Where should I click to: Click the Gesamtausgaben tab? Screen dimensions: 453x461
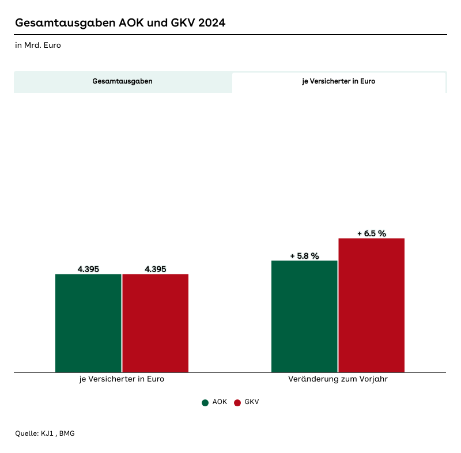point(123,81)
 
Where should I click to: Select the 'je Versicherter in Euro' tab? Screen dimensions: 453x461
point(339,81)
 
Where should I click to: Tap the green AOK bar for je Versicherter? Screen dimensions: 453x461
point(88,323)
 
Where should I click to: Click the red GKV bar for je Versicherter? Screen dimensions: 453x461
point(156,323)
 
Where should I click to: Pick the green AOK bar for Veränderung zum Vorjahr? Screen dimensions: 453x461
point(304,316)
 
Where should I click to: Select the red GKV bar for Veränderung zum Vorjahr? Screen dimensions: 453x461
point(372,305)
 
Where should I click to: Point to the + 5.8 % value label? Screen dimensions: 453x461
point(304,256)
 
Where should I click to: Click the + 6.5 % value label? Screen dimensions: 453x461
point(372,233)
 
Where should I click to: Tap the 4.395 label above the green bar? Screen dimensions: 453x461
point(88,269)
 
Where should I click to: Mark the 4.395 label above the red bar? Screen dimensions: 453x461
point(156,269)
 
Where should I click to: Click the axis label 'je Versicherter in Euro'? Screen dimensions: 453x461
point(122,379)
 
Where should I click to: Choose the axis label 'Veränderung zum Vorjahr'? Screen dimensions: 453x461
point(338,379)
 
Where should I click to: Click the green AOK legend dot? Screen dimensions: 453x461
point(205,402)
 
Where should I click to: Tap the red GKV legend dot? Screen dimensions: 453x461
point(237,402)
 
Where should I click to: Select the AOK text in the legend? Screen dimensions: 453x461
point(220,402)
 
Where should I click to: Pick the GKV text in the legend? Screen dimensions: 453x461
point(252,402)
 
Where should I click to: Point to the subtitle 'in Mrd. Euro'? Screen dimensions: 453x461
point(38,45)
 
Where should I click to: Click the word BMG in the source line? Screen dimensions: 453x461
point(67,433)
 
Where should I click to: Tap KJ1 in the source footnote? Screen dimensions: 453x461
point(47,433)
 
